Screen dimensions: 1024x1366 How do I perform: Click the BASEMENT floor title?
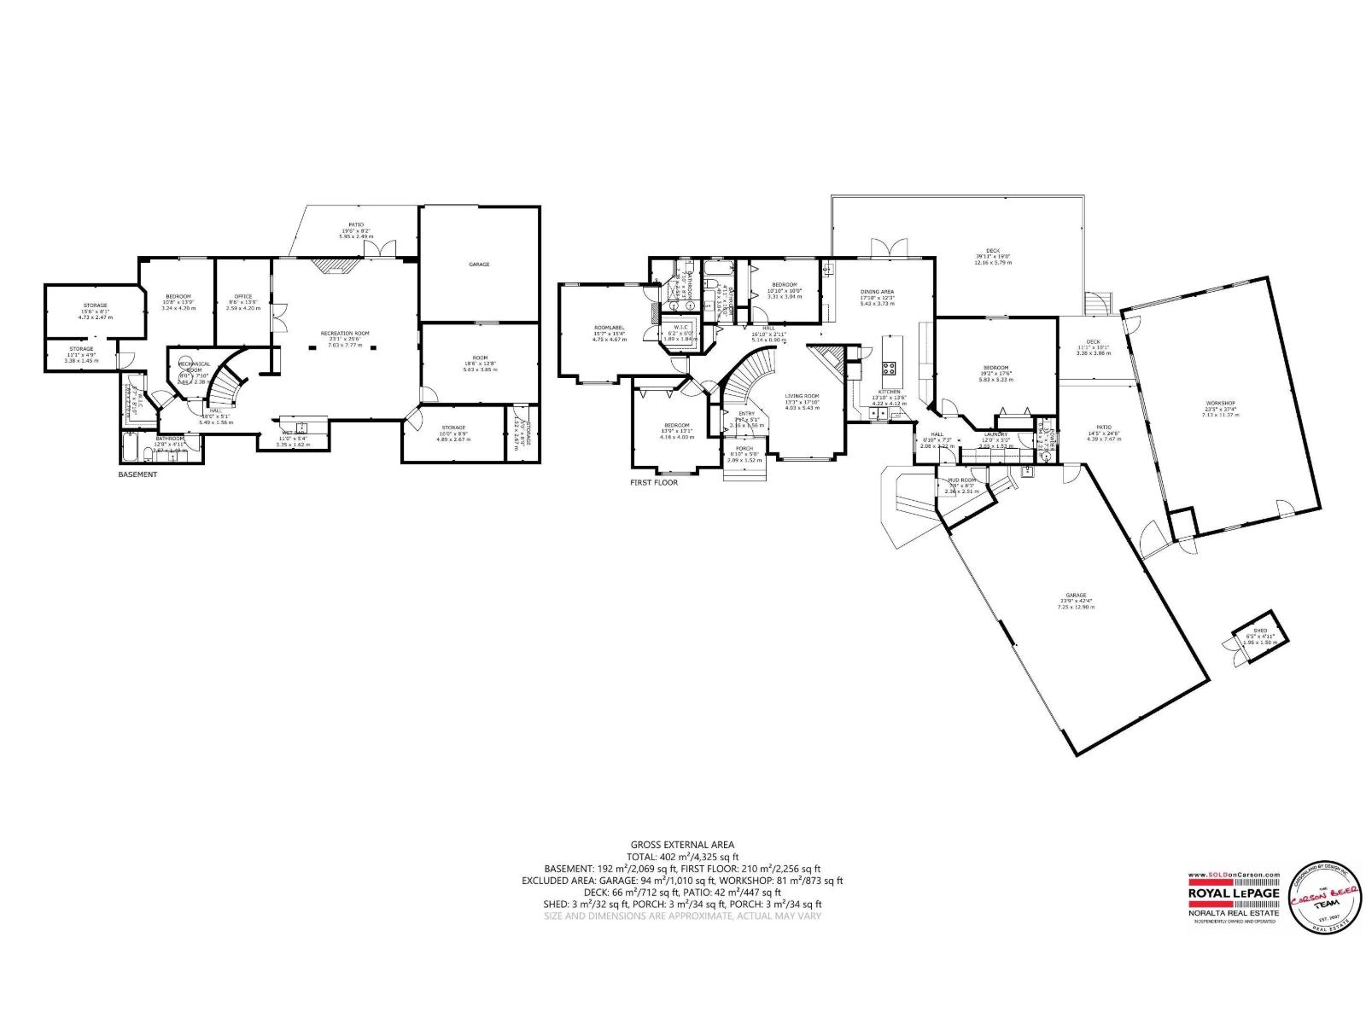tap(137, 474)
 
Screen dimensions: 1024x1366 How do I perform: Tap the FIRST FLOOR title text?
tap(654, 482)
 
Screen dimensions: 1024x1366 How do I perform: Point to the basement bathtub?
tap(131, 445)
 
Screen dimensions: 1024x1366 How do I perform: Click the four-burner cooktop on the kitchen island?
tap(889, 369)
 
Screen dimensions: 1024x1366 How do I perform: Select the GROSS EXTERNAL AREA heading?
tap(682, 845)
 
